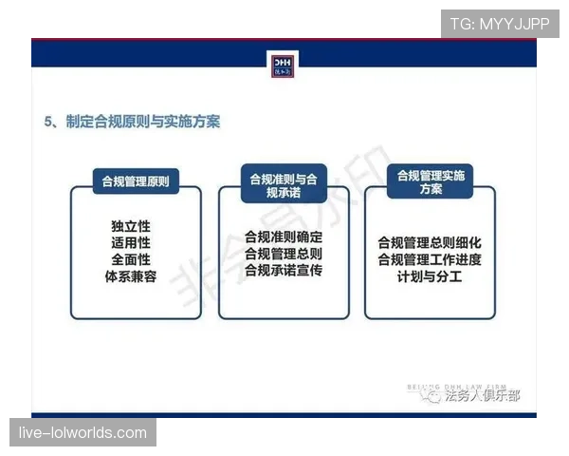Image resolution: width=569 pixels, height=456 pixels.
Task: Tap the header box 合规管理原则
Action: pos(136,180)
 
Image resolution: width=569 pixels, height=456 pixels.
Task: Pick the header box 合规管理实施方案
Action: pos(431,181)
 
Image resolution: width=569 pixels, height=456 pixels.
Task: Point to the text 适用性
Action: pos(131,242)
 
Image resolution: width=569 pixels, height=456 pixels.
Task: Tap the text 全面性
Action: pos(131,258)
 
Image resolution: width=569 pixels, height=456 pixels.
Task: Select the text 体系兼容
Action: pos(131,275)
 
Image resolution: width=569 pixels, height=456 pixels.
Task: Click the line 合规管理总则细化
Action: pos(430,242)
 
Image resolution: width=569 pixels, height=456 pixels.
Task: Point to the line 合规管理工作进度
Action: pos(430,259)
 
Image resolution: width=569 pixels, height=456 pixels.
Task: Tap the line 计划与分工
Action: pos(430,276)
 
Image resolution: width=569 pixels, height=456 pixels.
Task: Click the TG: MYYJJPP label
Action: pos(500,24)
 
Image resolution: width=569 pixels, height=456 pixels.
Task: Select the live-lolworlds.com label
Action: pos(83,433)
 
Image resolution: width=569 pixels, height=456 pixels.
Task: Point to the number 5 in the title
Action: pos(49,122)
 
